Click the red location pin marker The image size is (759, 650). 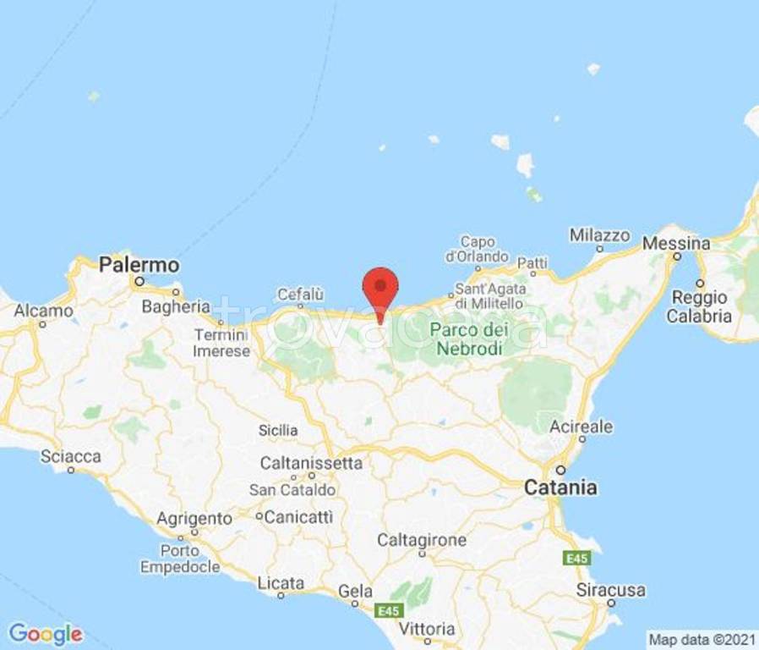pyautogui.click(x=380, y=289)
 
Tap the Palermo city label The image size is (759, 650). pyautogui.click(x=139, y=264)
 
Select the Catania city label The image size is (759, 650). pyautogui.click(x=560, y=487)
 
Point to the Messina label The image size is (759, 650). pyautogui.click(x=676, y=243)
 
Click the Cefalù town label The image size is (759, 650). pyautogui.click(x=301, y=295)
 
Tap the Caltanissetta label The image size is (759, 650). pyautogui.click(x=311, y=463)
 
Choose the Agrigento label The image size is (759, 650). pyautogui.click(x=195, y=518)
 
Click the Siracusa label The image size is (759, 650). pyautogui.click(x=611, y=590)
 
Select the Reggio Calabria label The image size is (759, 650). pyautogui.click(x=698, y=307)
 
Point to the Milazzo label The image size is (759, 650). pyautogui.click(x=600, y=234)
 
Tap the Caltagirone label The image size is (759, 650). pyautogui.click(x=422, y=540)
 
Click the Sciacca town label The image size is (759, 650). pyautogui.click(x=71, y=457)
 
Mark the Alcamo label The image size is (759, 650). pyautogui.click(x=43, y=311)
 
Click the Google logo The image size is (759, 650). pyautogui.click(x=46, y=633)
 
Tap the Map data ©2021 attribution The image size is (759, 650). pyautogui.click(x=701, y=639)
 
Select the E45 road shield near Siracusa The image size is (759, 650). pyautogui.click(x=578, y=559)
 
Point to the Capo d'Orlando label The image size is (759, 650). pyautogui.click(x=477, y=249)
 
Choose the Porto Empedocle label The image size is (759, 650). pyautogui.click(x=181, y=559)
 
